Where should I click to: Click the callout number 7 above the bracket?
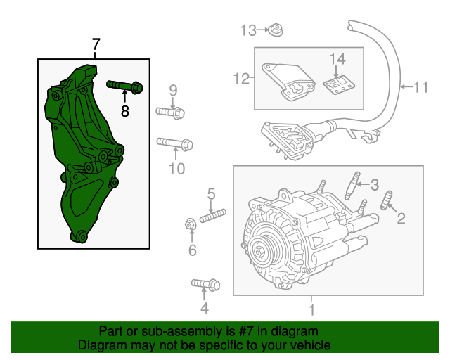(x=96, y=46)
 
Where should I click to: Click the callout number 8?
(x=125, y=110)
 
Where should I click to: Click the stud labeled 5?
(x=212, y=215)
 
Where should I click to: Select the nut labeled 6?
(x=190, y=225)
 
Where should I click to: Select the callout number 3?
(x=374, y=185)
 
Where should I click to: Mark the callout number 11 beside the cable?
(x=420, y=88)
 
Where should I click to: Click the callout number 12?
(x=242, y=79)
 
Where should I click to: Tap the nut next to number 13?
(x=276, y=30)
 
